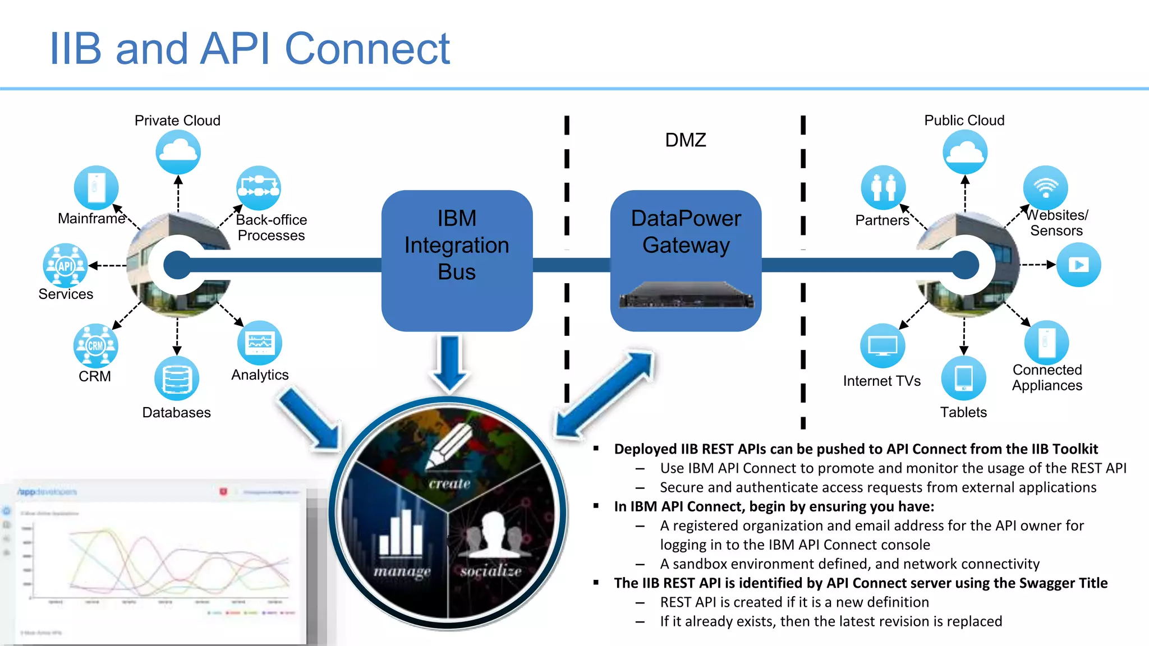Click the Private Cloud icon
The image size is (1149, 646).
[x=178, y=152]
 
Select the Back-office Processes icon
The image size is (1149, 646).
[x=258, y=188]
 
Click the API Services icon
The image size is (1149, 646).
[x=66, y=265]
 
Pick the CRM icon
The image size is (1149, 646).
[x=95, y=345]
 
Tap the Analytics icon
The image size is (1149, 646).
[x=260, y=343]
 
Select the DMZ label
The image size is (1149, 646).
[x=685, y=140]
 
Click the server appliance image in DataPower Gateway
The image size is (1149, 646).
[x=686, y=296]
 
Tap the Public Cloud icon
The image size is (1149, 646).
[x=965, y=152]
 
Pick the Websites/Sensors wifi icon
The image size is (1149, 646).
[x=1045, y=187]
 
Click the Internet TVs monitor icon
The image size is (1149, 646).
[x=883, y=345]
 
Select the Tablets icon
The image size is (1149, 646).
[x=963, y=377]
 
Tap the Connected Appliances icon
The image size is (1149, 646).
[x=1046, y=342]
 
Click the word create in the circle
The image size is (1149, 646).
[x=449, y=483]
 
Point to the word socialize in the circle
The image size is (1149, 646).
[x=491, y=571]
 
